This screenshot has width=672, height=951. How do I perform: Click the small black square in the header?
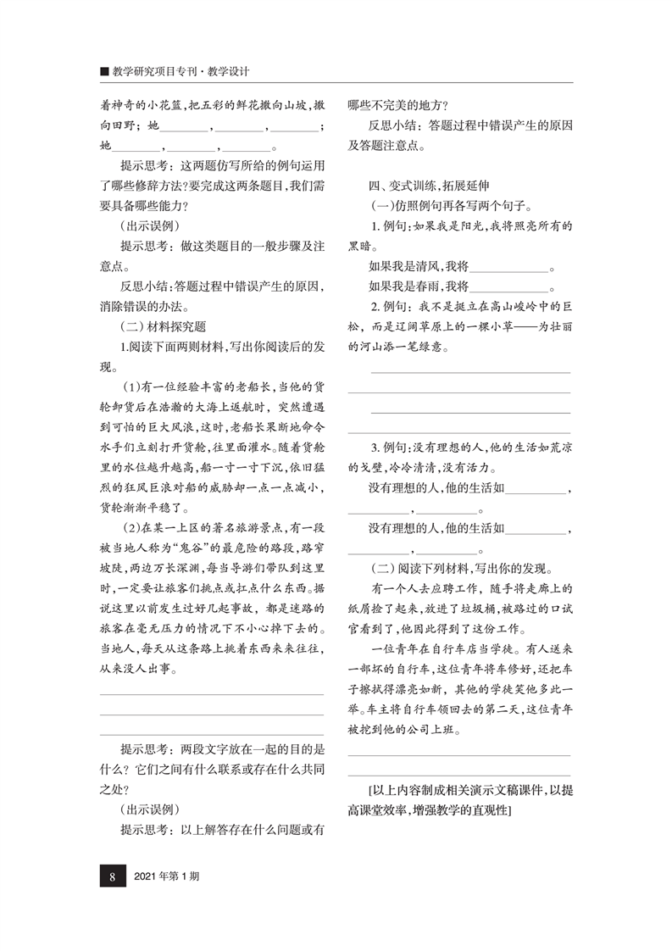103,72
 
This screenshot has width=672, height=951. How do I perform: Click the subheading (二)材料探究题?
164,325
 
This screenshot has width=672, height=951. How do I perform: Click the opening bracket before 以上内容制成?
372,792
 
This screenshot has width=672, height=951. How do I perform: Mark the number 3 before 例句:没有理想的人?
375,448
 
